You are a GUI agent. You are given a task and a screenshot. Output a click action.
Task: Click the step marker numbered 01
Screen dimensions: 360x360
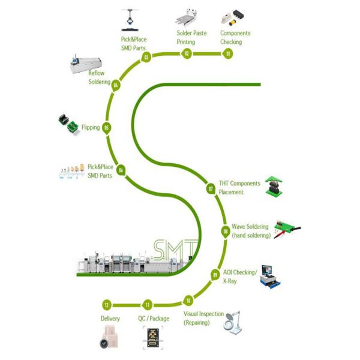[x=229, y=54]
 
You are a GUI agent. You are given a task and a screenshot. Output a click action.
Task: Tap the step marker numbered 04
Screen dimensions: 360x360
[x=116, y=85]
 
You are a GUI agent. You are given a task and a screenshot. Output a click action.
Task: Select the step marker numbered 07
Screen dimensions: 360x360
[x=211, y=188]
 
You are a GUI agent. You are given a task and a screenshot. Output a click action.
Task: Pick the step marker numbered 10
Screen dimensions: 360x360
[x=188, y=300]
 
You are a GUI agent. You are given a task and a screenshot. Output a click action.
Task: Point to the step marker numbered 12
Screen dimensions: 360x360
[x=107, y=305]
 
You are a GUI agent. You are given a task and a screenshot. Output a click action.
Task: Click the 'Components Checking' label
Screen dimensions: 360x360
[x=235, y=37]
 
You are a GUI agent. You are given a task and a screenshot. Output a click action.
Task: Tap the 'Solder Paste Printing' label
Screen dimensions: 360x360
[x=191, y=37]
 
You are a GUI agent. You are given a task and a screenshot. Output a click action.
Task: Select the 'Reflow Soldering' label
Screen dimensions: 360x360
[x=96, y=77]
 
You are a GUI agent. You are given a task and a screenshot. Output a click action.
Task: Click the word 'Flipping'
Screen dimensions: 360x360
[x=91, y=128]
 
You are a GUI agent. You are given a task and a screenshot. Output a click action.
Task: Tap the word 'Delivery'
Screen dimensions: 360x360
[x=110, y=319]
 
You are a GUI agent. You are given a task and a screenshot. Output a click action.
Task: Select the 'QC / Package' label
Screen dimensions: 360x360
[x=154, y=319]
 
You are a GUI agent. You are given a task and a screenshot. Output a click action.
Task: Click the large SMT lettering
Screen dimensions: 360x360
[x=176, y=248]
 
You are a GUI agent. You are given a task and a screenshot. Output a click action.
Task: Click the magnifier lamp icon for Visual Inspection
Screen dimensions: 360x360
[x=235, y=320]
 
